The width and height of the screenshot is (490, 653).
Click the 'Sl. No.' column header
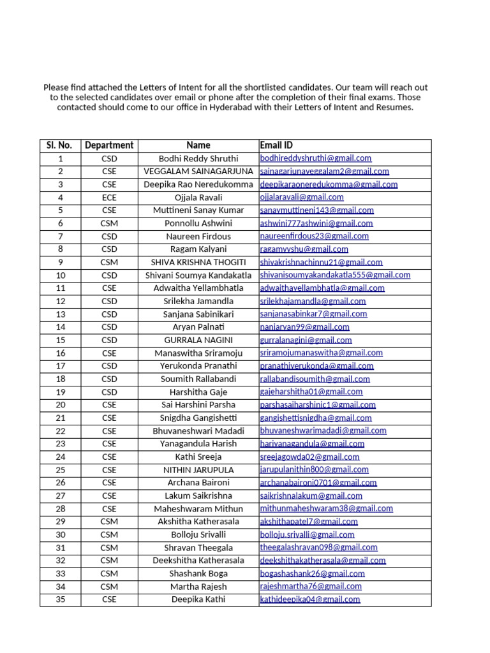tap(60, 145)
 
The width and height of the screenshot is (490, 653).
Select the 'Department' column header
tap(109, 145)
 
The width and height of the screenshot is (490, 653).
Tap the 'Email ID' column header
tap(276, 145)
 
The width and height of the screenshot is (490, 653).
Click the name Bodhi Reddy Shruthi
tap(198, 158)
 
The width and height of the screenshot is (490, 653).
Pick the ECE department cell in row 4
tap(109, 197)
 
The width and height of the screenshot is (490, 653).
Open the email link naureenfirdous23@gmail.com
tap(314, 236)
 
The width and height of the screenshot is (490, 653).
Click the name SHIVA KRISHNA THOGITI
tap(198, 262)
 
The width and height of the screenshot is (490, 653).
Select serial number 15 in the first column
tap(60, 340)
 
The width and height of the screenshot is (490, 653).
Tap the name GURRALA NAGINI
tap(198, 340)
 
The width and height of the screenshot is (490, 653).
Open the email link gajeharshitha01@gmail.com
tap(311, 392)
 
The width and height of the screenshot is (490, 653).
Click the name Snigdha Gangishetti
tap(198, 418)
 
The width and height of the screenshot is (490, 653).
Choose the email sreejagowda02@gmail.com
tap(309, 457)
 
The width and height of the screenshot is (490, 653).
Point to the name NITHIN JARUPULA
tap(198, 469)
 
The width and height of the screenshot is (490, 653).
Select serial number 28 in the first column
tap(60, 508)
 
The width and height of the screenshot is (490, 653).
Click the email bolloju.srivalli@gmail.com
tap(307, 534)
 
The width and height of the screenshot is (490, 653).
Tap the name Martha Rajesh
tap(198, 586)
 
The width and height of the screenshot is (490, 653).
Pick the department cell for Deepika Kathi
tap(109, 599)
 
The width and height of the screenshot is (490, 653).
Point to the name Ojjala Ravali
tap(198, 197)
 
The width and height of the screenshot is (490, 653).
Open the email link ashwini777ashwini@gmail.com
tap(316, 223)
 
